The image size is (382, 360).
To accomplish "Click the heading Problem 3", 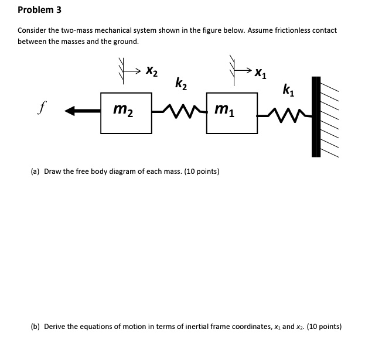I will pos(39,10).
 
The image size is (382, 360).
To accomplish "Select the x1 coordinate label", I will pos(261,74).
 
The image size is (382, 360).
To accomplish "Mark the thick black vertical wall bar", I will pos(316,117).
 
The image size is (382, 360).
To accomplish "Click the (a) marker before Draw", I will pos(35,172).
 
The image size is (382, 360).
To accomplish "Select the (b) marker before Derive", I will pos(35,327).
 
